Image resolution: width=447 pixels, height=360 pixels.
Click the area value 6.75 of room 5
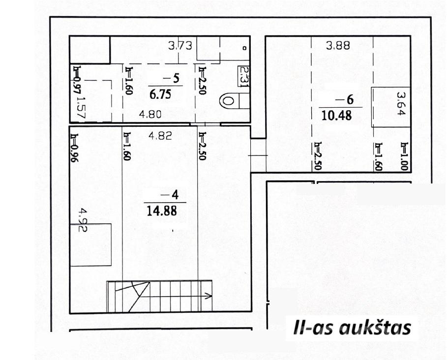tap(160, 94)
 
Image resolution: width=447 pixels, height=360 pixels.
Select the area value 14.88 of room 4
tap(162, 211)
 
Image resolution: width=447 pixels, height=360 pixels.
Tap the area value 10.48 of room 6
tap(336, 116)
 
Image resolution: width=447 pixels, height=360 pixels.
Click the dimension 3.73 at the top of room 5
tap(180, 46)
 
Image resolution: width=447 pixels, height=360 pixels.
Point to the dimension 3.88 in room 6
tap(338, 46)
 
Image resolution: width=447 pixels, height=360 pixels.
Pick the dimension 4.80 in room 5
tap(150, 115)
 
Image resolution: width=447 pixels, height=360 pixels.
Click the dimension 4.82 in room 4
tap(160, 136)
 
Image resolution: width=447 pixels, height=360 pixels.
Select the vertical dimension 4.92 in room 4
tap(83, 220)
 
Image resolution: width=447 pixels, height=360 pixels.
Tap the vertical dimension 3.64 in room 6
tap(401, 103)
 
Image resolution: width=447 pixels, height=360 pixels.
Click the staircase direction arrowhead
tap(209, 296)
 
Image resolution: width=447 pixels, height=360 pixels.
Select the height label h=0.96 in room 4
tap(75, 148)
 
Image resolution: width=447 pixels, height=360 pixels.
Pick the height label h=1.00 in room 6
tap(405, 156)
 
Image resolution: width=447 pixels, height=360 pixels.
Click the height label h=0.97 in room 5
tap(76, 80)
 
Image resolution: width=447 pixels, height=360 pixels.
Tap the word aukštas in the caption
tap(375, 329)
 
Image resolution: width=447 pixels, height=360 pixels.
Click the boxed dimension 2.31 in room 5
tap(244, 76)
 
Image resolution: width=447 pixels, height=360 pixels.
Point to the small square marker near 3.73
tap(244, 48)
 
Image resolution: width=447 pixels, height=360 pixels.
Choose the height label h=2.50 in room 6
tap(318, 156)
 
